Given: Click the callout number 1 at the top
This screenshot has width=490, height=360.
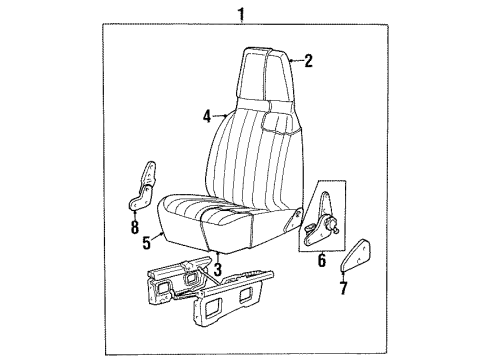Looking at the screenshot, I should (x=239, y=12).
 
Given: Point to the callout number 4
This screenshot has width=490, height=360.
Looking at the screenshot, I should (x=206, y=116).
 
